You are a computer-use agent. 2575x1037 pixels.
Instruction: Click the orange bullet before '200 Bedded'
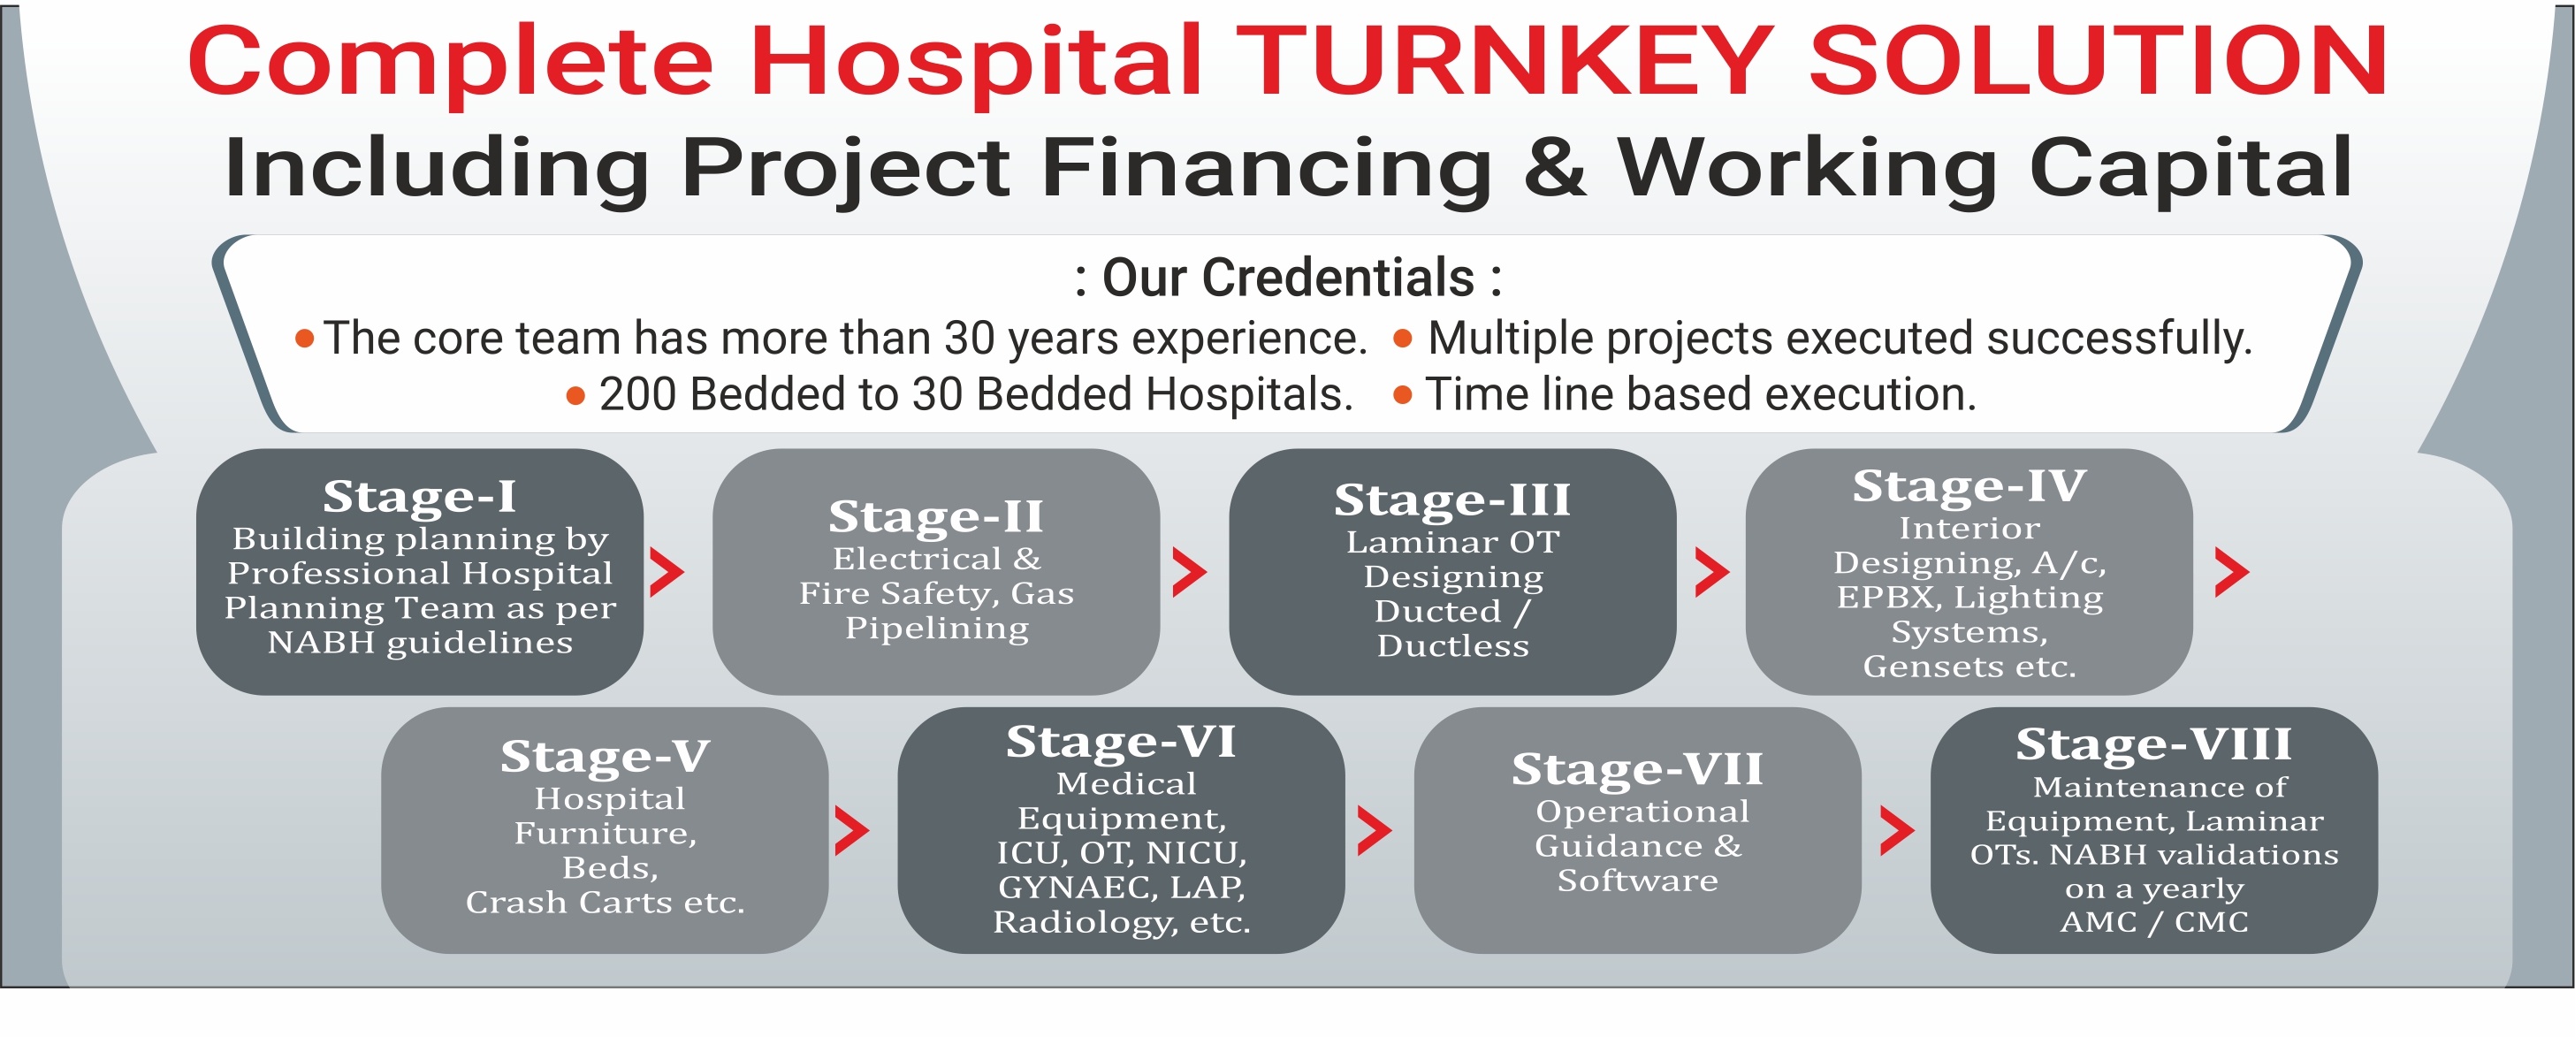[x=575, y=396]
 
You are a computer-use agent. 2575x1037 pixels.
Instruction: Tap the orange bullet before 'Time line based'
[x=1403, y=396]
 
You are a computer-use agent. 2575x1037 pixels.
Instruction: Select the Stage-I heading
[x=419, y=496]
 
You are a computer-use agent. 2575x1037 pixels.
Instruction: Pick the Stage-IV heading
[x=1969, y=486]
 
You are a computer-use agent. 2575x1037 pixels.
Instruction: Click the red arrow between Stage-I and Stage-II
[x=667, y=572]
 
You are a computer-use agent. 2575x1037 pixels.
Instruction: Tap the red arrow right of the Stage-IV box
[x=2232, y=572]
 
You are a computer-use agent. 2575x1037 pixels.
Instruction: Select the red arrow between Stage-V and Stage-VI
[x=851, y=830]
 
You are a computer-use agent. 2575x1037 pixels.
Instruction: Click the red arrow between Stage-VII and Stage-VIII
[x=1897, y=830]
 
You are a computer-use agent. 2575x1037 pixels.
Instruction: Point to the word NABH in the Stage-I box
[x=322, y=642]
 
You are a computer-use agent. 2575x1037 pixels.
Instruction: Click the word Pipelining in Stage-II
[x=937, y=628]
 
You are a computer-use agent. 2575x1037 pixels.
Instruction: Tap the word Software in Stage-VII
[x=1637, y=880]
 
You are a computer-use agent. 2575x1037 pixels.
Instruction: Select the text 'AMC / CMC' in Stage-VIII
[x=2154, y=921]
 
